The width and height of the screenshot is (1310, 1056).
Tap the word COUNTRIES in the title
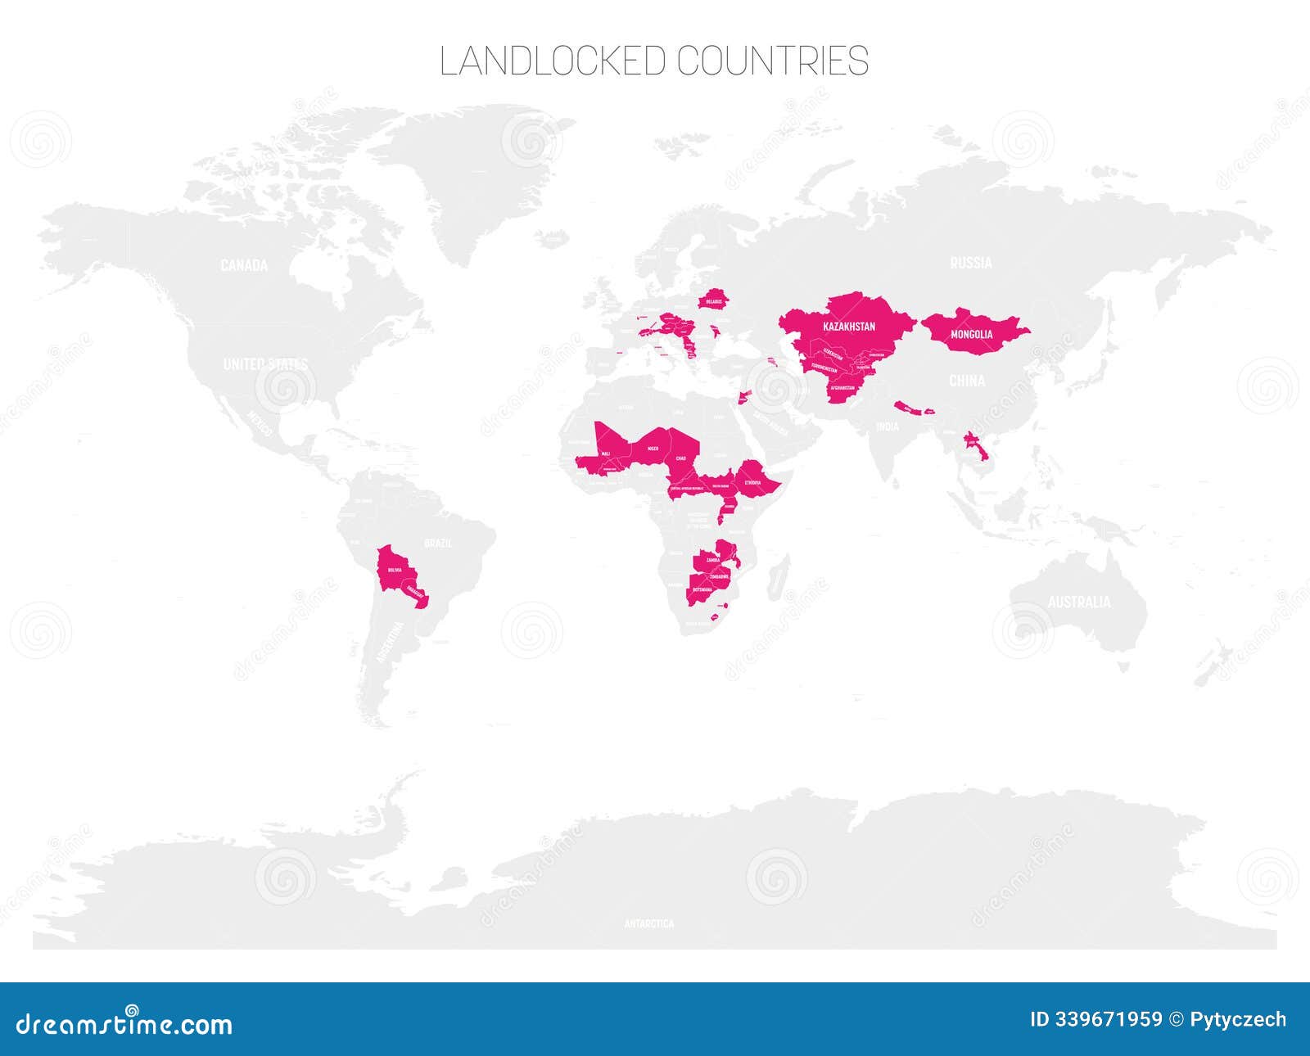773,61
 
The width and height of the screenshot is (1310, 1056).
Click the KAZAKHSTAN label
849,327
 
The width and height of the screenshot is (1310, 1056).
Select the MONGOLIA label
971,334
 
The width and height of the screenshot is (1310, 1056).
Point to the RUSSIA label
971,263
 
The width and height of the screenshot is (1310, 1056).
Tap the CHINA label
967,381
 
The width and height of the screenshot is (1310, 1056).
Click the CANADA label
244,265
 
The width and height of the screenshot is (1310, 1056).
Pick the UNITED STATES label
265,364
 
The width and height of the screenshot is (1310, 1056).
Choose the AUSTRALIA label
1079,602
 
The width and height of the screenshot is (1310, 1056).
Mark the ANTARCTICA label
649,923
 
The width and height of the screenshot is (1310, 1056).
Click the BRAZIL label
438,543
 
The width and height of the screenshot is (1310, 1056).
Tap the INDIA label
888,427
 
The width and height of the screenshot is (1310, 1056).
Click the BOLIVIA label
395,570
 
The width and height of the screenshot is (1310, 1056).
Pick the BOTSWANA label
702,589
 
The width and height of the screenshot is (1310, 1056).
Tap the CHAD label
680,458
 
